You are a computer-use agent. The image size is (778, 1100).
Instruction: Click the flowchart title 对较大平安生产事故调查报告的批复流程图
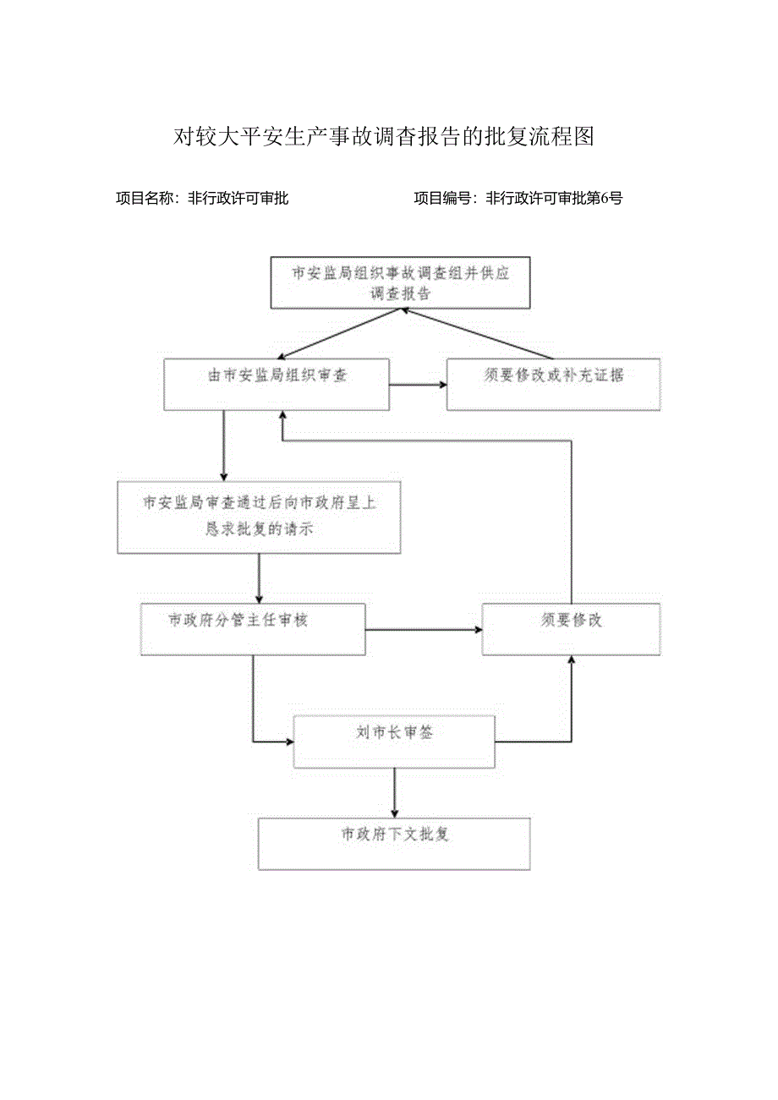[385, 137]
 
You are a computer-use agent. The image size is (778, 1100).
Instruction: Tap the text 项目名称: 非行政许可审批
[202, 199]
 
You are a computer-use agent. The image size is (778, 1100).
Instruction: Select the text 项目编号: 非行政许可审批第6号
[518, 199]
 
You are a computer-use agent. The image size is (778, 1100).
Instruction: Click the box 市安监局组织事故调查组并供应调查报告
[400, 282]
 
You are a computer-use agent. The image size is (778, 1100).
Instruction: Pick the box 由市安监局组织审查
[277, 384]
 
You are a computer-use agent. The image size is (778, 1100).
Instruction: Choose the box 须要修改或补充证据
[553, 384]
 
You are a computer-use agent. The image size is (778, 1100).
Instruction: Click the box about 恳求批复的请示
[259, 517]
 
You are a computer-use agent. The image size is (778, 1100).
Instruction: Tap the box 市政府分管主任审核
[253, 628]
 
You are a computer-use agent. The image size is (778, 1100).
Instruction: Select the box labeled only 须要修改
[571, 628]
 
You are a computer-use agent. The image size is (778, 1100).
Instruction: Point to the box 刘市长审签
[394, 742]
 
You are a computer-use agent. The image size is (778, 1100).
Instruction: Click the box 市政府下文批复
[394, 843]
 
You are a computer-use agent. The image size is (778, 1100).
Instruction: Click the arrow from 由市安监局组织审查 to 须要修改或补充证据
[418, 385]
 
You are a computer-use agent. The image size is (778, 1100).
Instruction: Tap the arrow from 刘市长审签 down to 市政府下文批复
[394, 792]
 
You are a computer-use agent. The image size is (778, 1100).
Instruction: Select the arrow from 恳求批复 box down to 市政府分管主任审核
[259, 578]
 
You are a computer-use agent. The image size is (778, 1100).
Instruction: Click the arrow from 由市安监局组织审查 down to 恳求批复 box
[224, 446]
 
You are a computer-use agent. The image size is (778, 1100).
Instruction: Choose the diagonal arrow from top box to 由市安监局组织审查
[338, 333]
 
